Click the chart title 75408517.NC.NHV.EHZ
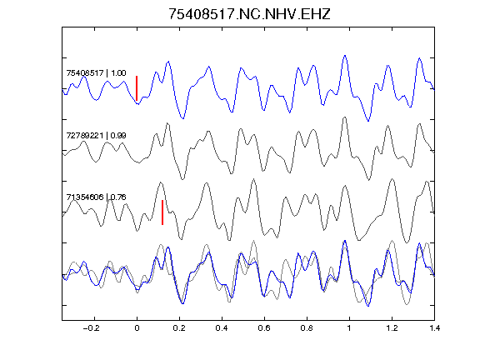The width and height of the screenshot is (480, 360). pos(249,14)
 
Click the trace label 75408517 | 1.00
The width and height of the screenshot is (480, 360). pos(96,73)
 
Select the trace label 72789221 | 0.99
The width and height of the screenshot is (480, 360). pos(96,135)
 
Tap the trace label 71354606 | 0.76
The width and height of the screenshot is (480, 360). pos(96,197)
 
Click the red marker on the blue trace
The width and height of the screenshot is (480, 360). pos(137,88)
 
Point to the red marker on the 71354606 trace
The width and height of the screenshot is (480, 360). pos(162,212)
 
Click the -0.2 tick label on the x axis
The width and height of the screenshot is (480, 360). pos(92,328)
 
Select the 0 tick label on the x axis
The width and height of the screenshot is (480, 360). pos(137,328)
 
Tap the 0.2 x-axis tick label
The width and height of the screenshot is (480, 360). pos(179,328)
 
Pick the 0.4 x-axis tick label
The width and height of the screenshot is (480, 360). pos(222,328)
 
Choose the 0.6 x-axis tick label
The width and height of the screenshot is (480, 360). pos(264,328)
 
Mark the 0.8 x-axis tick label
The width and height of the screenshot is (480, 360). pos(307,328)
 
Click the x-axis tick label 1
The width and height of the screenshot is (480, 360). pos(349,328)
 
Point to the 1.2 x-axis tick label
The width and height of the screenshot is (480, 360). pos(392,328)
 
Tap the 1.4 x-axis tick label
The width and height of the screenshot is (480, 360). pos(434,328)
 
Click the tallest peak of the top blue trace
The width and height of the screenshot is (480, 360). pos(345,56)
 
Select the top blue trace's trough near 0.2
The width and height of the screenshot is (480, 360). pos(183,118)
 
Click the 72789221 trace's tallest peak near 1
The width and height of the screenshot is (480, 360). pos(345,117)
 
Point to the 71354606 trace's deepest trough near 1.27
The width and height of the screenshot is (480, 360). pos(407,242)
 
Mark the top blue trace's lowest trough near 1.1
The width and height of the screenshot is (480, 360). pos(368,121)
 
